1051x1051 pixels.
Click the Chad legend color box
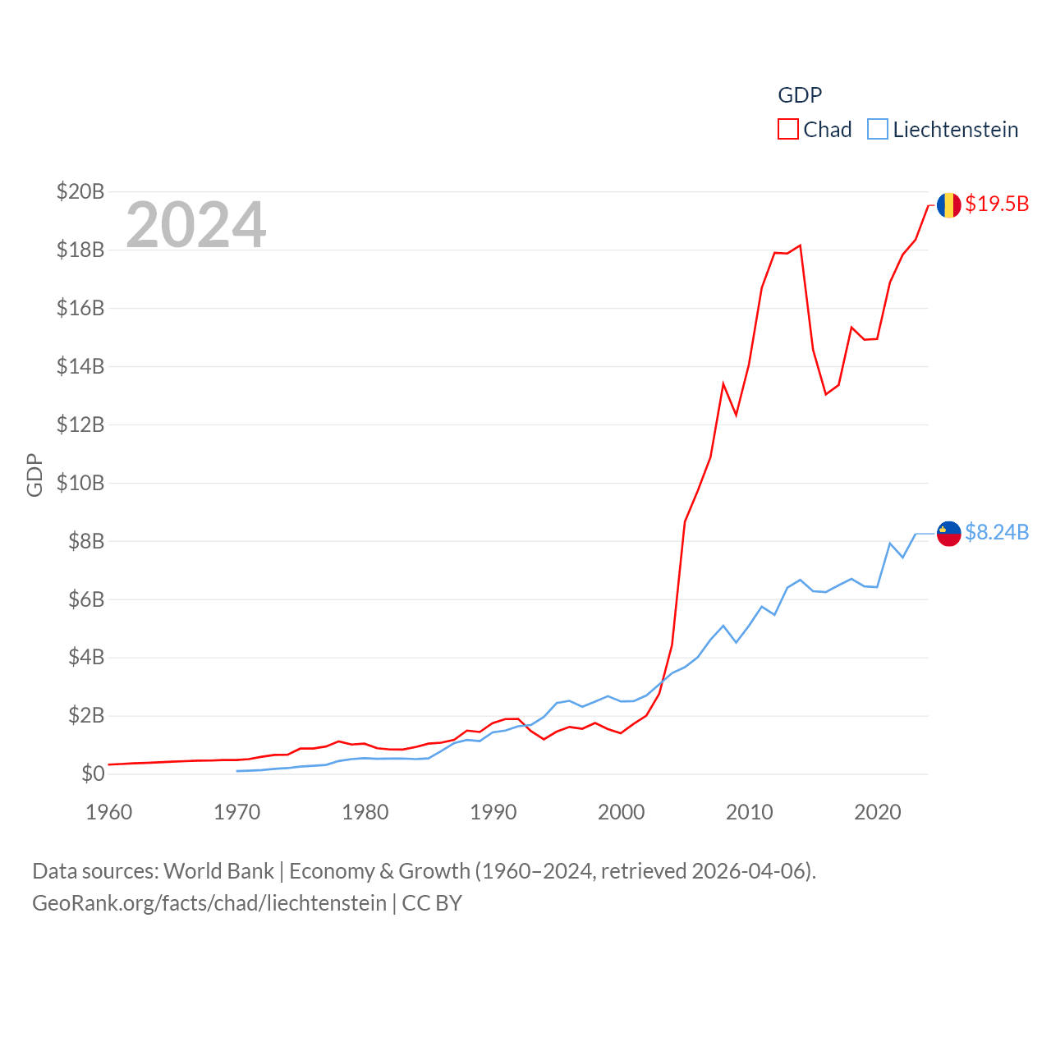point(787,130)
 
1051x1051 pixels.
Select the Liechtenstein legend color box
point(877,130)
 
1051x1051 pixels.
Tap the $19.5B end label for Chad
point(997,204)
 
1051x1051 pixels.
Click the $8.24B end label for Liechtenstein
point(997,533)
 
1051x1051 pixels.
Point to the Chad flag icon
point(948,205)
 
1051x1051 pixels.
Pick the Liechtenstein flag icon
point(948,534)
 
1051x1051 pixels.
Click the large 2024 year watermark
point(195,225)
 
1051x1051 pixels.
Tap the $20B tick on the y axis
point(80,192)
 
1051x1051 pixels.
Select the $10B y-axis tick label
point(80,483)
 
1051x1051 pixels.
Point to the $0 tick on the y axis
point(93,773)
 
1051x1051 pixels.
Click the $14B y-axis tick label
point(80,366)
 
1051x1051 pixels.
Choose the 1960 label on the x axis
point(109,813)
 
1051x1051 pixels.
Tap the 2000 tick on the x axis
point(622,813)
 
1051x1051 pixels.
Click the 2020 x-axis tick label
point(878,813)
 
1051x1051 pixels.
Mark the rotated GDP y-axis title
point(34,475)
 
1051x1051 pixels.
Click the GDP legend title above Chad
point(800,95)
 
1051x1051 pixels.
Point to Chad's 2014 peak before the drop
point(800,246)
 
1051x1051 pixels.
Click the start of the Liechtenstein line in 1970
point(237,771)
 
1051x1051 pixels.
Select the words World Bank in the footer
point(218,871)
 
